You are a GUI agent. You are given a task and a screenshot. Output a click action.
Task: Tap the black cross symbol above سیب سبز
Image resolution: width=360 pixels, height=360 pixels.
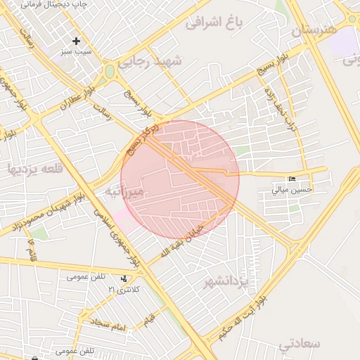(77, 41)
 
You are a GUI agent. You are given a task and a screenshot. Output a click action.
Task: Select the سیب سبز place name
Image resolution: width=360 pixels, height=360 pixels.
(76, 52)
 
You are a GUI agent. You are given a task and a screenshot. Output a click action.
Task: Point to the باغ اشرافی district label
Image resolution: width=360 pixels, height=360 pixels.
(214, 22)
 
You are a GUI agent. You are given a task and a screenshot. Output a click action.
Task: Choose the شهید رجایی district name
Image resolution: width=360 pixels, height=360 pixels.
(150, 62)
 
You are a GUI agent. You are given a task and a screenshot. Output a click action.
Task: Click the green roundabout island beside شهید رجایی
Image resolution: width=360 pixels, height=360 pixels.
(110, 71)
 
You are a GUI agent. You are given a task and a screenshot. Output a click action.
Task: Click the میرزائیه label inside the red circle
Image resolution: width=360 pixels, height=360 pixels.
(124, 191)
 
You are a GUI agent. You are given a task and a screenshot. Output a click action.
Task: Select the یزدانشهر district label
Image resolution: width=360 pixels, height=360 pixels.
(226, 283)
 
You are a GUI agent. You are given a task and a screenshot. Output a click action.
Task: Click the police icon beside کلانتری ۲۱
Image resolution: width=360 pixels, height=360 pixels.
(124, 278)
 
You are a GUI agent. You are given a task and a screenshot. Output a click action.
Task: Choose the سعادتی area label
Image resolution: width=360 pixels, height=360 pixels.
(299, 344)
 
